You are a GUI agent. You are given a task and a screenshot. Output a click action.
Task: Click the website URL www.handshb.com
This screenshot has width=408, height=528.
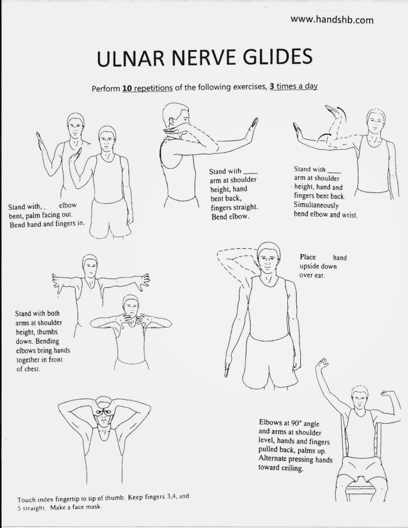coord(332,19)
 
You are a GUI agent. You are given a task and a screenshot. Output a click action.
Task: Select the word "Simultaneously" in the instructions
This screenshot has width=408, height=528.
coord(319,205)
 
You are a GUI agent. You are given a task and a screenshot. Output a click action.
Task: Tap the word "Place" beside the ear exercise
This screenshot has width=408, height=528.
coord(308,257)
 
